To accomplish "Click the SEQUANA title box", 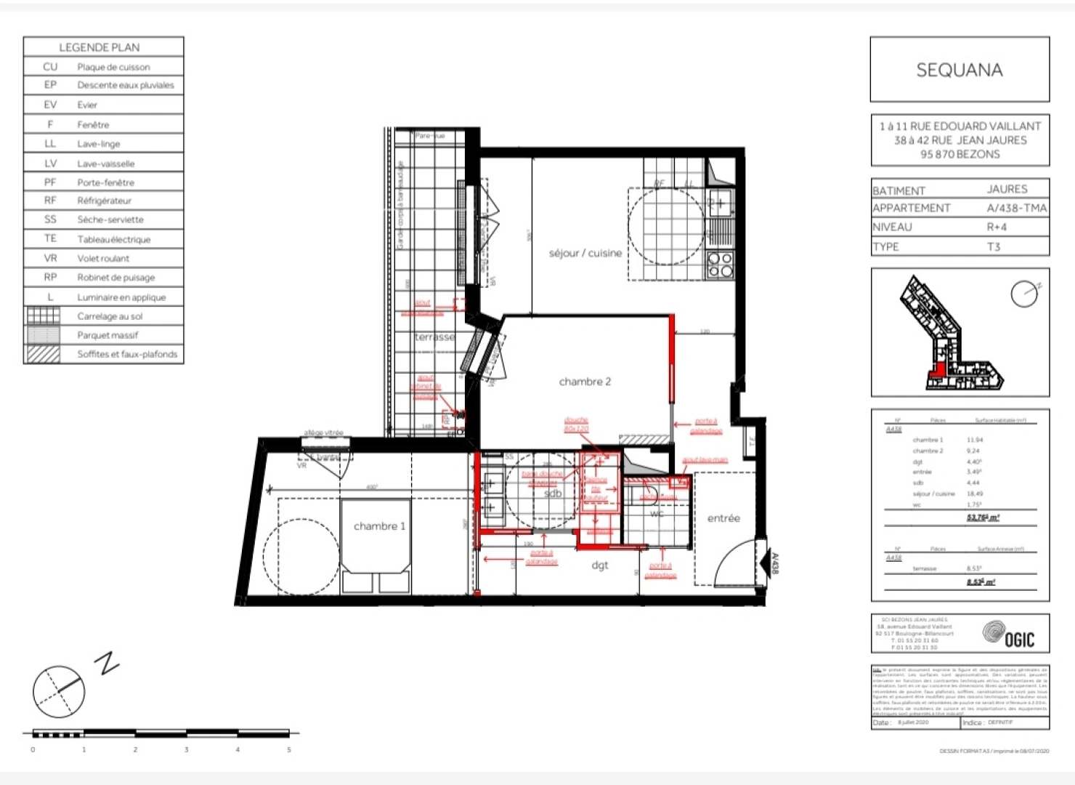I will (x=959, y=70).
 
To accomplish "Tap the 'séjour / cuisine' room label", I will (x=585, y=253).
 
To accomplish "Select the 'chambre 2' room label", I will (x=585, y=382).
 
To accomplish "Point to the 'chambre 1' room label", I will (x=379, y=526).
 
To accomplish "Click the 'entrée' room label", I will (x=723, y=518).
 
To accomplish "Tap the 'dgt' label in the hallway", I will (x=600, y=565).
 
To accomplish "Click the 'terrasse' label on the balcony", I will (x=434, y=337).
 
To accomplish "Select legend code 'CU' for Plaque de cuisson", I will (x=50, y=67).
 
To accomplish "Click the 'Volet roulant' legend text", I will (x=103, y=258).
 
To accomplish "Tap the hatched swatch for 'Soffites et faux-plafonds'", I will (x=43, y=354).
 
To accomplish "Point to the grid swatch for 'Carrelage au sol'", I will (x=43, y=316).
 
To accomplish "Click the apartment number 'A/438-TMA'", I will (x=1016, y=208).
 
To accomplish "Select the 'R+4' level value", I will (x=997, y=227).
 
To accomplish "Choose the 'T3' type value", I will (x=994, y=246).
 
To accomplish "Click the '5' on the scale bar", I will (x=289, y=749).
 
